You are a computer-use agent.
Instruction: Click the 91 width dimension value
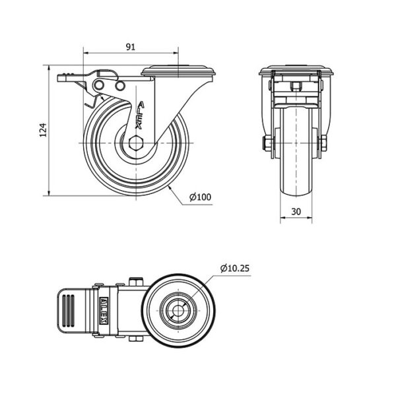coord(131,47)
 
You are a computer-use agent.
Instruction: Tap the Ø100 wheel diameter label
coord(201,196)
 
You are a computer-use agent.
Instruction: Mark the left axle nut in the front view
coord(268,145)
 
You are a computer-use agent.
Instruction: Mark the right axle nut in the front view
coord(324,145)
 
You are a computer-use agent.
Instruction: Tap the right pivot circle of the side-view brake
coord(119,86)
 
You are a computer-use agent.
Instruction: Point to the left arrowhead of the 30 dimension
coord(282,218)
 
